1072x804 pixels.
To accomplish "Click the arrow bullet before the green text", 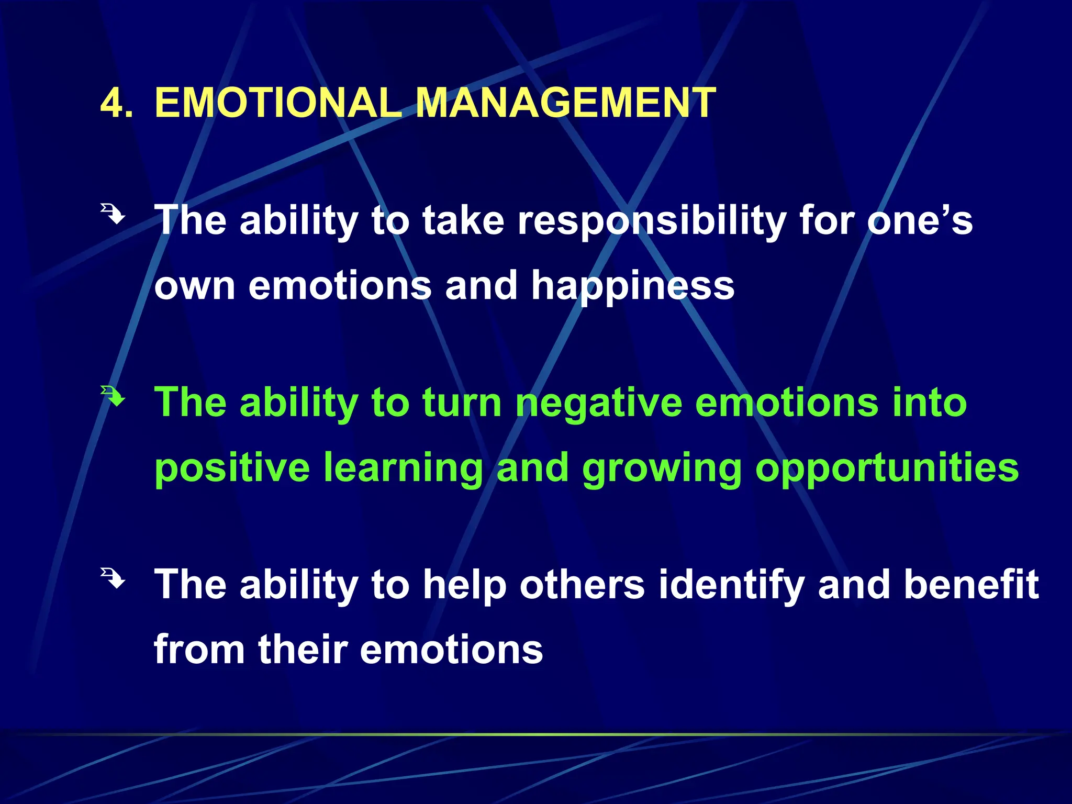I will coord(113,396).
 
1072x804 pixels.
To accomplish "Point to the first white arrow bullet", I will coord(113,214).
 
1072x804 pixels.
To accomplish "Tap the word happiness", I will coord(632,287).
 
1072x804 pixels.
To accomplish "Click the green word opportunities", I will coord(887,468).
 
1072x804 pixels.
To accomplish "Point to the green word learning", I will coord(403,468).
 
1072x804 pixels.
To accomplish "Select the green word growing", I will coord(662,468).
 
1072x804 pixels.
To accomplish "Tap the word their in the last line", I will coord(303,650).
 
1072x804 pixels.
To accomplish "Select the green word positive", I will coord(232,468).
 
